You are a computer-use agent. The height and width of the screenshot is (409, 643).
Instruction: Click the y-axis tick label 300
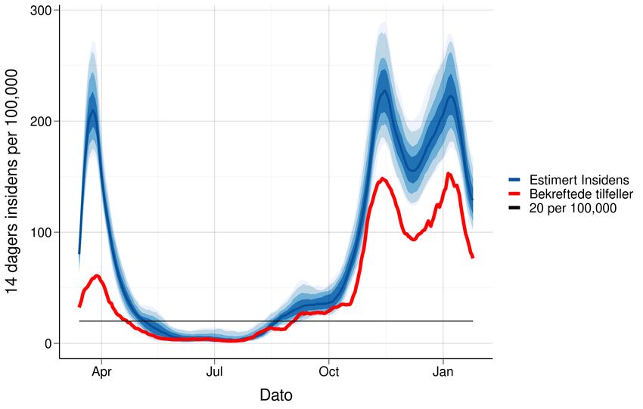pos(41,11)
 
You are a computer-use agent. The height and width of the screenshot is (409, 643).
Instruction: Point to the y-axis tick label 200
pos(41,121)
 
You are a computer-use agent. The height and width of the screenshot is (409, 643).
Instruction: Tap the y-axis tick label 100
pos(41,232)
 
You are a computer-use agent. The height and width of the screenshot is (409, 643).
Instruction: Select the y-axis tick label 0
pos(48,343)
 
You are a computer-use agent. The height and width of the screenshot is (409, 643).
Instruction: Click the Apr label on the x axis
pos(101,373)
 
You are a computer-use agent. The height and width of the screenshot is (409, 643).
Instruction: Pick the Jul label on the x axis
pos(215,373)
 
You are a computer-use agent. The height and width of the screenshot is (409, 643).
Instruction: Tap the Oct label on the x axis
pos(329,373)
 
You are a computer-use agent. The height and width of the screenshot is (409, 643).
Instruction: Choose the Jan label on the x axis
pos(443,373)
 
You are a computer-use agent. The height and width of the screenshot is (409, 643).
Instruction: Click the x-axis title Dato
pos(275,395)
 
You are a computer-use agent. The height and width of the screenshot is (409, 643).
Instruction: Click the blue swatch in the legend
pos(514,180)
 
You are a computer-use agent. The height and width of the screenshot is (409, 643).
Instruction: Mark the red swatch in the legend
pos(514,194)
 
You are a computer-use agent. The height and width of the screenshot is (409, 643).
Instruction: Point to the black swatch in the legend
pos(514,208)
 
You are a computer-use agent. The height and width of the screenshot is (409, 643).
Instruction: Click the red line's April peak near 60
pos(97,276)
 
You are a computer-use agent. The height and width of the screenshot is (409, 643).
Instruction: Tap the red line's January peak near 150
pos(449,174)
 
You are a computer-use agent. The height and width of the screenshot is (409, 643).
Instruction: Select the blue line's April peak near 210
pos(93,111)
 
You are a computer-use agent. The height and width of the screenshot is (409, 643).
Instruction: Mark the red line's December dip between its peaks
pos(413,239)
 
